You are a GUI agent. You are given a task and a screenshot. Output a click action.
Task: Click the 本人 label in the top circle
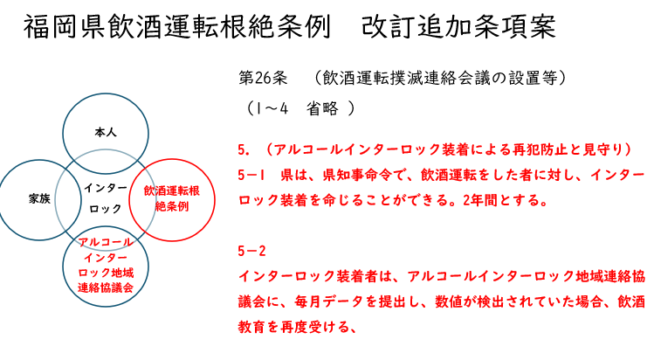click(106, 133)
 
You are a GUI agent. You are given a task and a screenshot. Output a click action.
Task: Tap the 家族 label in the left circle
click(39, 198)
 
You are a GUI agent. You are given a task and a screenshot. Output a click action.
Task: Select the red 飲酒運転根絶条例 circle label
click(172, 198)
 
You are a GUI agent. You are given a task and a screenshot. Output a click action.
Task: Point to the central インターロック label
click(106, 198)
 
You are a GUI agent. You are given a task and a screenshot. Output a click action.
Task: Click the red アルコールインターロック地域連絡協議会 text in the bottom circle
click(106, 265)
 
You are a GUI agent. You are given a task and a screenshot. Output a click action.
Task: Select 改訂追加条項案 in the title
click(458, 27)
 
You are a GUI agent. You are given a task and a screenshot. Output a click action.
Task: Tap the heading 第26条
click(263, 78)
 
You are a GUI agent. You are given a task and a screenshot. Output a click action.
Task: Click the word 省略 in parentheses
click(322, 108)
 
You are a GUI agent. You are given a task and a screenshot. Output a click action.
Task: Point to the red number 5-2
click(251, 251)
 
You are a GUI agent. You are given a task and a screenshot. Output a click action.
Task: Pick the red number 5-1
click(251, 175)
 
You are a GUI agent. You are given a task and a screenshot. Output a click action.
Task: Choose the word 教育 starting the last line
click(252, 327)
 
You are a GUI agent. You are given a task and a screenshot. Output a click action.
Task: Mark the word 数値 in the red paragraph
click(449, 301)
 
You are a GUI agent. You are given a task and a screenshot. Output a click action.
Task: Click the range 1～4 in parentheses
click(272, 108)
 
